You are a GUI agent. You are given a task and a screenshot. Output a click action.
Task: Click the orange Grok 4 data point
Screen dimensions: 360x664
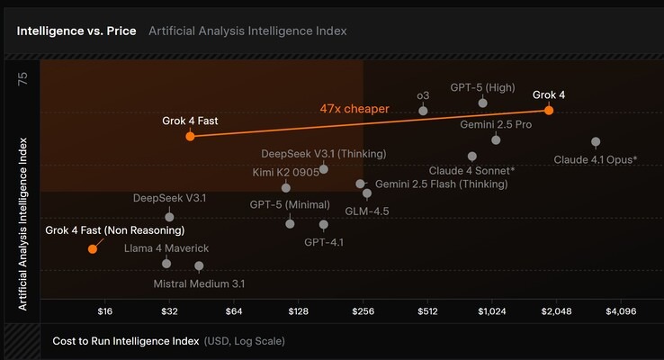click(549, 110)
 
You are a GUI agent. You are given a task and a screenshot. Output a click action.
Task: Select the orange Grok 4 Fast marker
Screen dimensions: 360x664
click(190, 136)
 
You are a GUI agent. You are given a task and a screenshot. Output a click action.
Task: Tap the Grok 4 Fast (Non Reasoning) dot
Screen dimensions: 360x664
click(92, 248)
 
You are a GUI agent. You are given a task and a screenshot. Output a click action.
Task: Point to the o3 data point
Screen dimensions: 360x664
click(423, 110)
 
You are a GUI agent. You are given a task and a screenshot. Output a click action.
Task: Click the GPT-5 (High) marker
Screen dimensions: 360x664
click(483, 103)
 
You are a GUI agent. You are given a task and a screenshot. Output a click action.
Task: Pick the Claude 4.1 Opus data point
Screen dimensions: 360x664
click(596, 142)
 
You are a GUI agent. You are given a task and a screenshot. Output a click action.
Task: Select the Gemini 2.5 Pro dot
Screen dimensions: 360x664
click(496, 139)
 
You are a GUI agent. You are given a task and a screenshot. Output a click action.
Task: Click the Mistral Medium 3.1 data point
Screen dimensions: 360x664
click(199, 266)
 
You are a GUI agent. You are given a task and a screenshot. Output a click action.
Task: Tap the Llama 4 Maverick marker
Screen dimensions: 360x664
click(166, 263)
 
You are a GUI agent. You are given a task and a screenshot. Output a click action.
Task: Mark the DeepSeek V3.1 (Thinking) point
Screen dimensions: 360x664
click(324, 169)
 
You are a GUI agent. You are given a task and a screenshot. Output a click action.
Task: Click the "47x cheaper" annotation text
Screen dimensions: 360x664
click(354, 109)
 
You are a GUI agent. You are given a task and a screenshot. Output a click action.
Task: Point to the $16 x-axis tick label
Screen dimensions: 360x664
click(105, 311)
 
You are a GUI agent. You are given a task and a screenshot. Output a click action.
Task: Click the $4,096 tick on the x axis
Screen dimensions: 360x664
click(622, 311)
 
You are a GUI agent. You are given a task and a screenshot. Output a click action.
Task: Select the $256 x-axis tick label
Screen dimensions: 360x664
click(363, 311)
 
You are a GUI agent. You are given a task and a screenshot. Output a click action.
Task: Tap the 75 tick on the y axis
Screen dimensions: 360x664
click(23, 79)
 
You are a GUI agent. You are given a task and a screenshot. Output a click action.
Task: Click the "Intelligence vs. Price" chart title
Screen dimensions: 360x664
click(76, 31)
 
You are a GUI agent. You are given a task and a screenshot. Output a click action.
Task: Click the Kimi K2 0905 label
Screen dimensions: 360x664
click(286, 171)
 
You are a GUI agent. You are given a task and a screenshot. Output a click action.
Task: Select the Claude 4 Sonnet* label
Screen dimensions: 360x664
click(472, 170)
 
